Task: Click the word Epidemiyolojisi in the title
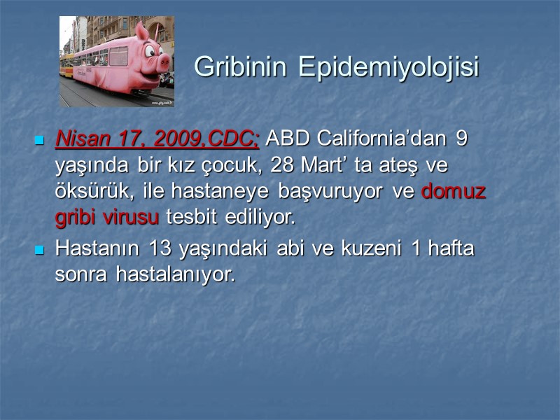click(x=388, y=67)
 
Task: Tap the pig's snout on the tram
click(x=163, y=62)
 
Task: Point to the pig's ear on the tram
click(x=142, y=31)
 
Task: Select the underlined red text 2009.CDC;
click(x=206, y=138)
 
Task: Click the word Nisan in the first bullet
click(x=78, y=138)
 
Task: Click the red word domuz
click(x=454, y=191)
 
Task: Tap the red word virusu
click(x=132, y=217)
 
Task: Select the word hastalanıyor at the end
click(x=175, y=274)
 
